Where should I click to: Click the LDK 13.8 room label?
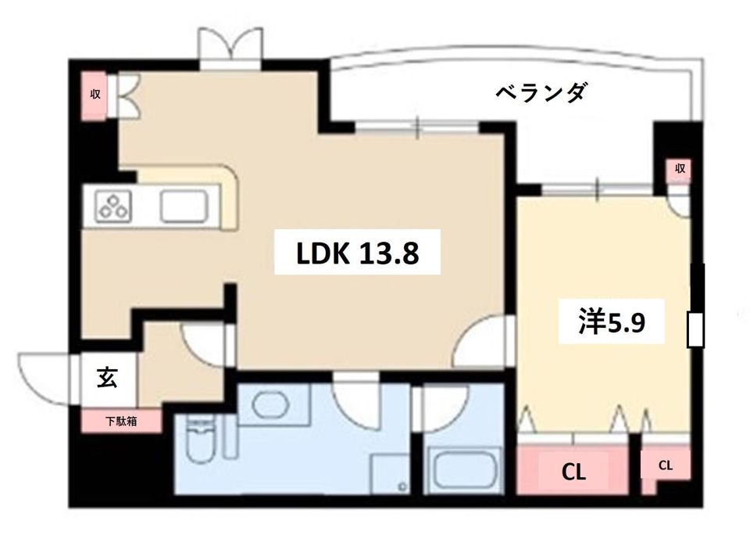[357, 252]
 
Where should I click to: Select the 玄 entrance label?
[107, 378]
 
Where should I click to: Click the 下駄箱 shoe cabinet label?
[122, 422]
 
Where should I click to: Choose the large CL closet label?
[574, 471]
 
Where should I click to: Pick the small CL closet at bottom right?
[665, 465]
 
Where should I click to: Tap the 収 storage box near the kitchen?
[95, 95]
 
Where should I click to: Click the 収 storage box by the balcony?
[679, 169]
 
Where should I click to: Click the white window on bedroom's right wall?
[695, 329]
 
